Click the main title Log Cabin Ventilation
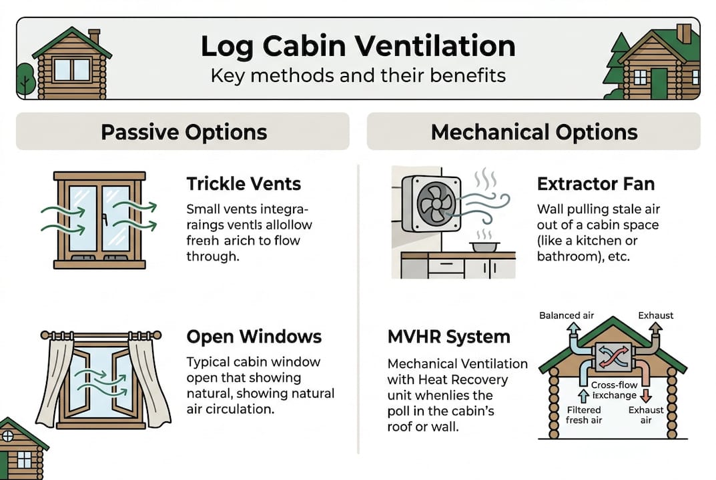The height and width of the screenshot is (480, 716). coord(358,47)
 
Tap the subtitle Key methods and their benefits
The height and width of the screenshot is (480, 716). coord(358,75)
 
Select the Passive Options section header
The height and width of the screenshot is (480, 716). coord(184,131)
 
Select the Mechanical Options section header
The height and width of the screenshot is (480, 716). coord(534,131)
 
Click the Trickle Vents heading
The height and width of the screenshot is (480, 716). coord(244,183)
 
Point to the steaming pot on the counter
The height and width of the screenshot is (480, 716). coord(485,246)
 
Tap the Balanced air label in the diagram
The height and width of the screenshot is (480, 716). coord(567,315)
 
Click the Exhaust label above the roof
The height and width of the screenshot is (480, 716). coord(655,315)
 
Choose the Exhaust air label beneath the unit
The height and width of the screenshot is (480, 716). coord(645,415)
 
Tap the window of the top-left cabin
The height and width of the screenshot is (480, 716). coord(72,69)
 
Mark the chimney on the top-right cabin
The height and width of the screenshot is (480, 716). coord(683,33)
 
